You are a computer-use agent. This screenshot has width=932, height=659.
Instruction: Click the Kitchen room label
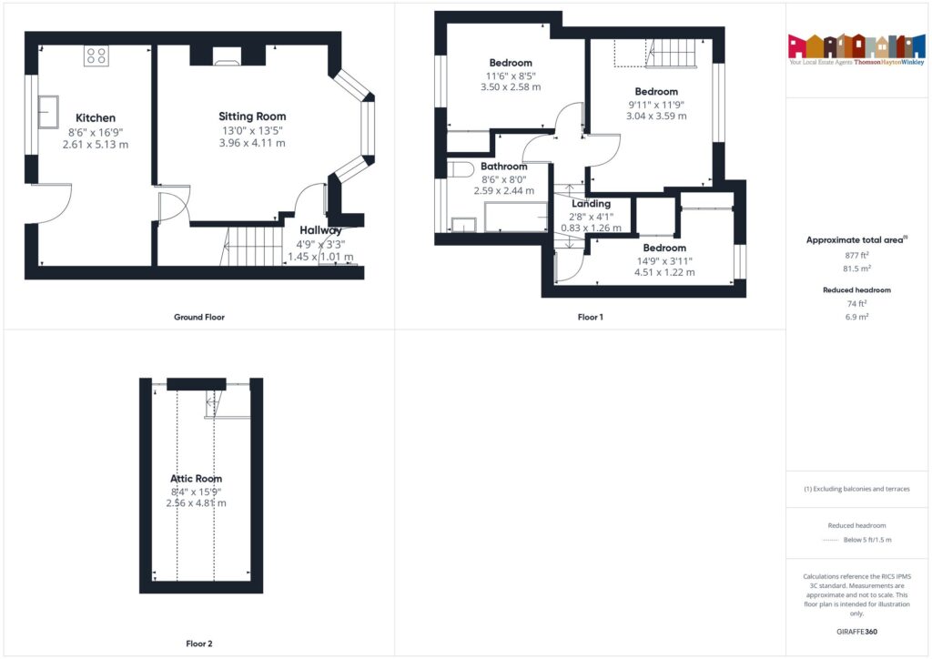[x=96, y=117]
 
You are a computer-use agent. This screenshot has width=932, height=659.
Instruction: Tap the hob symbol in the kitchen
[x=96, y=56]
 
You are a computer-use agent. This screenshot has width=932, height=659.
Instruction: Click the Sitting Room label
[x=252, y=117]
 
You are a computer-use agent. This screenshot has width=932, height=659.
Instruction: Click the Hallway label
[x=320, y=230]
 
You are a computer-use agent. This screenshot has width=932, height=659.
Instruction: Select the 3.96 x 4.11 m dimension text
[x=252, y=143]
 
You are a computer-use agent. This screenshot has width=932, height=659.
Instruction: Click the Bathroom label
[x=504, y=167]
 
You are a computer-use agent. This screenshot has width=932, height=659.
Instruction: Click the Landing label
[x=591, y=204]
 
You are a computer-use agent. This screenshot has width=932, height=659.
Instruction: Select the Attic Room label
[x=196, y=479]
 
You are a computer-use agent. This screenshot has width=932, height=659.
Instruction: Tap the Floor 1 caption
[x=590, y=318]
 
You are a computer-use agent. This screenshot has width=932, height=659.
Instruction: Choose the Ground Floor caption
[x=198, y=318]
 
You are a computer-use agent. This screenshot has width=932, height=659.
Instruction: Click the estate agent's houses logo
[x=856, y=46]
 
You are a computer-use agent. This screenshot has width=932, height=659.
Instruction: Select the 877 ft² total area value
[x=856, y=256]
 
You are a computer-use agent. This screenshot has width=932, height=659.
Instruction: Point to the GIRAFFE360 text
[x=856, y=632]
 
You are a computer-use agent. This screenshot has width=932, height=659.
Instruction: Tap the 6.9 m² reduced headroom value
[x=856, y=316]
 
